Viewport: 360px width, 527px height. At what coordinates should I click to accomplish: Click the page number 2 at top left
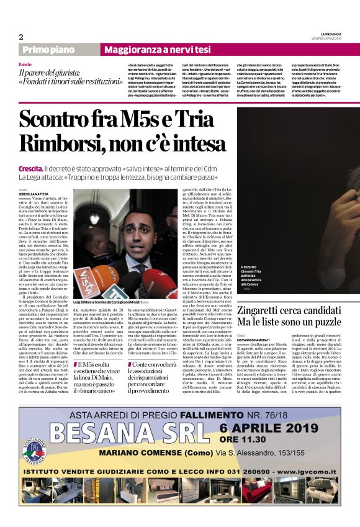[20, 37]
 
